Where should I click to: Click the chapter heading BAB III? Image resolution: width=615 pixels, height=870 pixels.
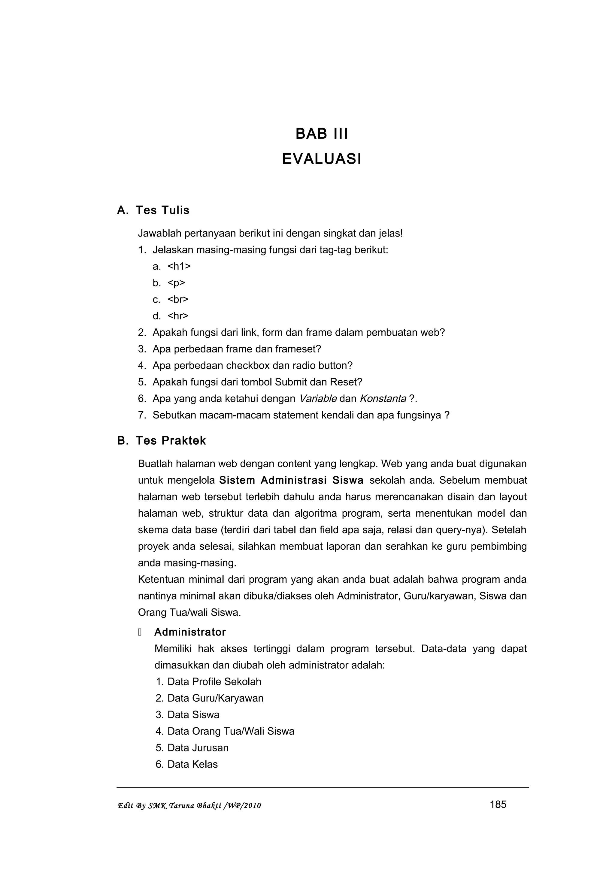(321, 134)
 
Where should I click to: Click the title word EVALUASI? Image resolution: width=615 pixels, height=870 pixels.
(321, 159)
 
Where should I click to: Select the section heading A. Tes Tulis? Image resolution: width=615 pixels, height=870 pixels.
(153, 210)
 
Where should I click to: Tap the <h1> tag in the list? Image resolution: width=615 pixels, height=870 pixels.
(179, 266)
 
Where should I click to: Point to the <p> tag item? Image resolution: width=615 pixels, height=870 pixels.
(176, 283)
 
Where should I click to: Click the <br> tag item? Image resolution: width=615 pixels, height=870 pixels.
(178, 299)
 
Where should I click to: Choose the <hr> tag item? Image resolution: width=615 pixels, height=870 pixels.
(178, 316)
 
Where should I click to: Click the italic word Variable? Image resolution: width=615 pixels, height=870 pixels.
(317, 399)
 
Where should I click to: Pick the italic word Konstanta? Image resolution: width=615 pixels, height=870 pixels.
(383, 399)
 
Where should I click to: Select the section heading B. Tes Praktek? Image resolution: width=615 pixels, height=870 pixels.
(162, 441)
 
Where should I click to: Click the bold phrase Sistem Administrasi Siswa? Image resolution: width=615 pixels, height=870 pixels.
(291, 480)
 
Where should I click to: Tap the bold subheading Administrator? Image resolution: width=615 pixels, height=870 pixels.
(190, 632)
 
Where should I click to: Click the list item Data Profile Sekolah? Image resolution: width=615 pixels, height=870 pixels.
(214, 682)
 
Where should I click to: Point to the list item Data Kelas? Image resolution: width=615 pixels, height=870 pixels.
(192, 764)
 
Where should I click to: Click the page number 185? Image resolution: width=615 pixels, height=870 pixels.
(498, 805)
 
